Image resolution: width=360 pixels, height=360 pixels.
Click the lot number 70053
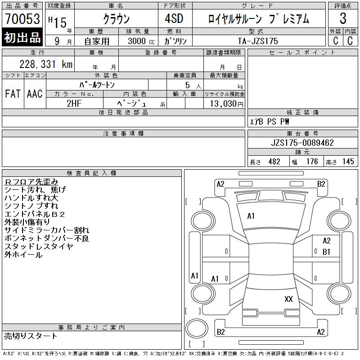(22, 19)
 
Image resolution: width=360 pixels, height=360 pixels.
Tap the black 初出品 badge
(22, 37)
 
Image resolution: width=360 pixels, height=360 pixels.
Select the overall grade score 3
(343, 18)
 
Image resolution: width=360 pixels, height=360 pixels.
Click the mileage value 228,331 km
(46, 64)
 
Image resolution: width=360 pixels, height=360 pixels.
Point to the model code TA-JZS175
(258, 41)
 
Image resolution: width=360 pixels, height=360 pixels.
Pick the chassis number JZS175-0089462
(302, 143)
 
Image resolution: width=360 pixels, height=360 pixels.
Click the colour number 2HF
(74, 103)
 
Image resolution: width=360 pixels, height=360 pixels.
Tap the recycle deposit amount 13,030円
(226, 103)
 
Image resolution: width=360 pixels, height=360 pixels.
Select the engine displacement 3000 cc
(141, 41)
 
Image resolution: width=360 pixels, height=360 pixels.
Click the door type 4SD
(174, 18)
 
